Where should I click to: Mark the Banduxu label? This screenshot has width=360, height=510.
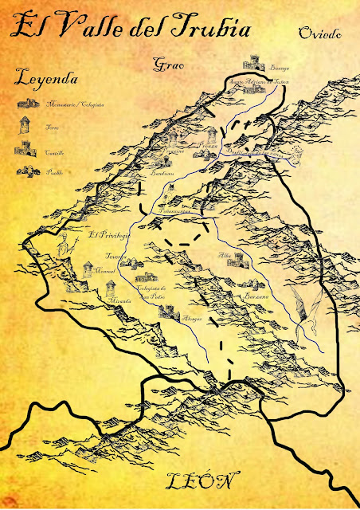162,172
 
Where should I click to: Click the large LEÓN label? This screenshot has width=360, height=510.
203,482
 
